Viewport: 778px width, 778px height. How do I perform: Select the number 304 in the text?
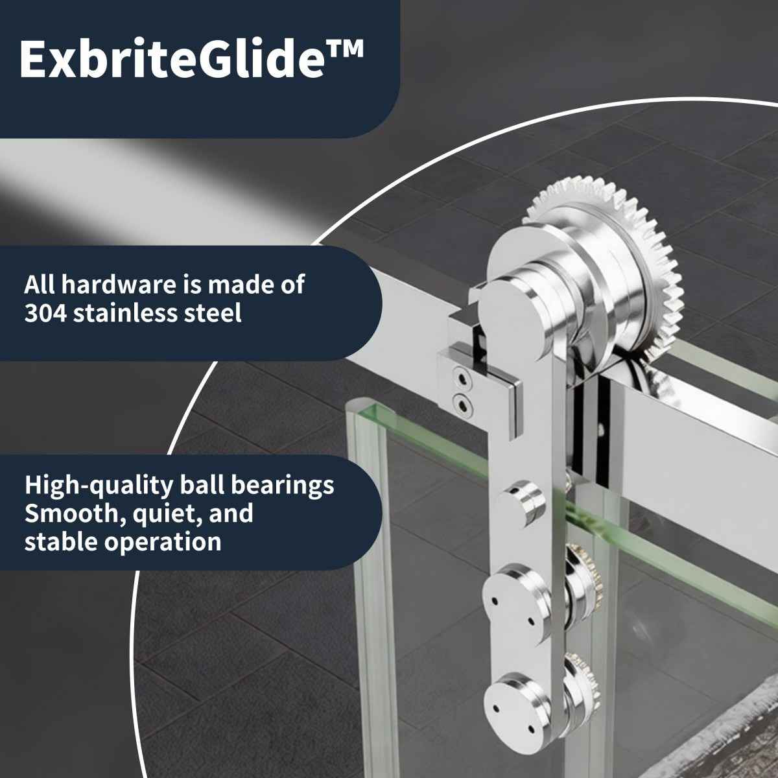(45, 313)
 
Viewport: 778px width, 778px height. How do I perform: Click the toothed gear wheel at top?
(609, 259)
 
